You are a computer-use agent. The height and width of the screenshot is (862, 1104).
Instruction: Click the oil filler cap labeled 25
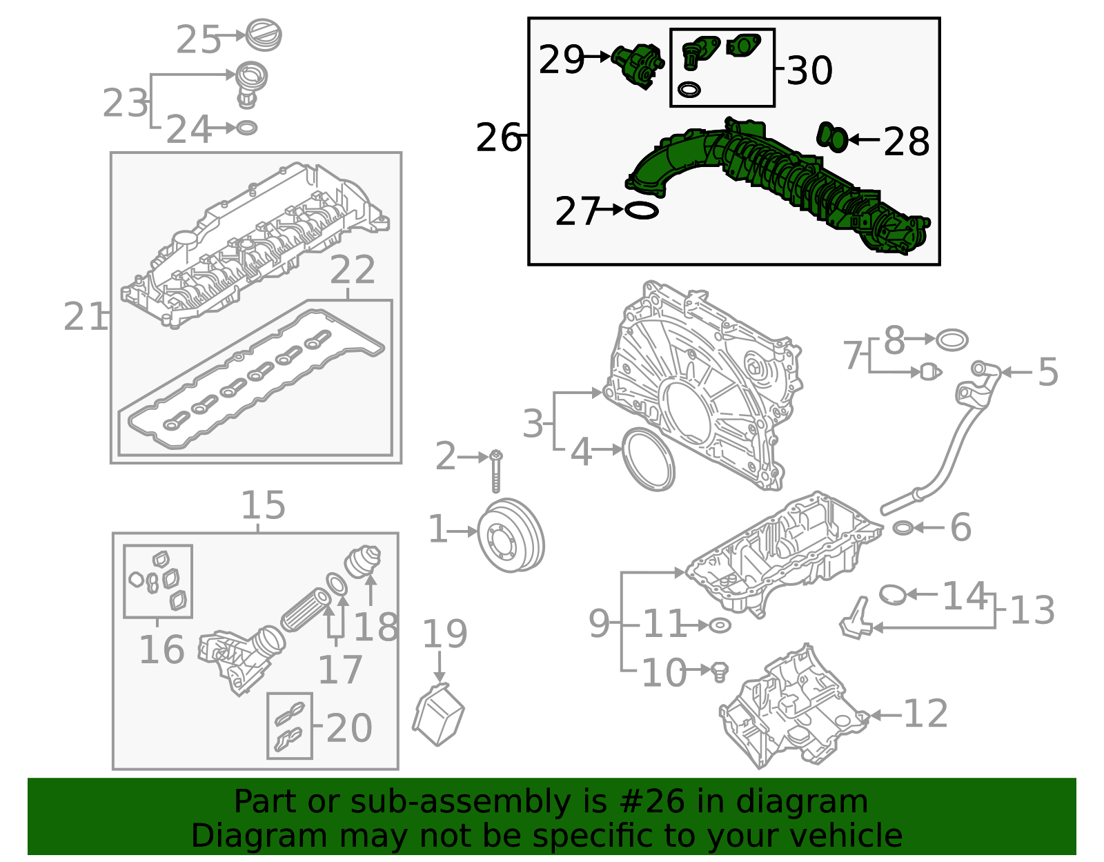[264, 35]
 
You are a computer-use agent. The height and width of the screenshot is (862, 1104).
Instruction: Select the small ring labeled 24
[246, 128]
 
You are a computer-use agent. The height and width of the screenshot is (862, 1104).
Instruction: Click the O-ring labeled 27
[641, 210]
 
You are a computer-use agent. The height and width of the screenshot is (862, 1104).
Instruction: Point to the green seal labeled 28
[833, 137]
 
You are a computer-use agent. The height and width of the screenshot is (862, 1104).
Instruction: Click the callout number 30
[809, 70]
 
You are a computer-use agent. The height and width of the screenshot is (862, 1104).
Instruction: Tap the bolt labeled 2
[496, 471]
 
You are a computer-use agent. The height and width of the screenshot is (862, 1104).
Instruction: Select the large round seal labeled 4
[649, 459]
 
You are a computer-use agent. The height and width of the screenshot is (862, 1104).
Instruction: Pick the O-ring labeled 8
[952, 340]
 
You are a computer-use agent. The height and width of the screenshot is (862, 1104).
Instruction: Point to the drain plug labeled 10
[719, 670]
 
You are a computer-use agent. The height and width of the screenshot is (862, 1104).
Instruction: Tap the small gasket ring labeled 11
[719, 625]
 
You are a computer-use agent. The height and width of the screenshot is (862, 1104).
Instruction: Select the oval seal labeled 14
[892, 594]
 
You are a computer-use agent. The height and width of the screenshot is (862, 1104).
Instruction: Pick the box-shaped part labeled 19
[438, 714]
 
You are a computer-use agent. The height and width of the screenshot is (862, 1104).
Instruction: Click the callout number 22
[353, 270]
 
